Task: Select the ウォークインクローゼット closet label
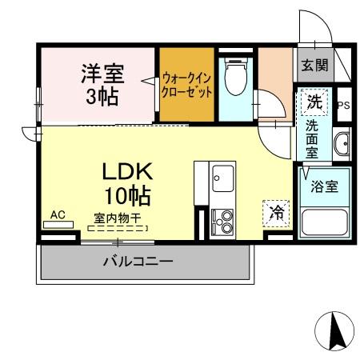coord(186,85)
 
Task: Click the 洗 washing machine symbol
coord(315,102)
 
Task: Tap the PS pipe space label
coord(344,105)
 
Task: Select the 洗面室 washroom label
coord(314,138)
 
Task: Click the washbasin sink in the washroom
coord(342,145)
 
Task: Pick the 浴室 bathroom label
coord(324,185)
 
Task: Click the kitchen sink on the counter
coord(221,178)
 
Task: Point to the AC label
coord(58,214)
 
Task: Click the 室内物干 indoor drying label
coord(117,217)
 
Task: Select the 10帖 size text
coord(126,194)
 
